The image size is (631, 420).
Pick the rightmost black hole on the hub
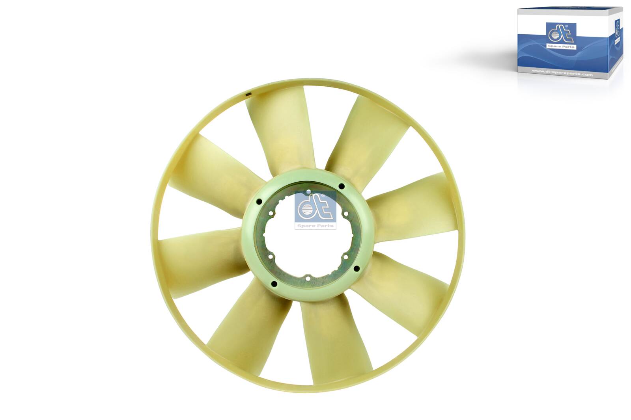pos(356,269)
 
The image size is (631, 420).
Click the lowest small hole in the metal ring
pos(307,279)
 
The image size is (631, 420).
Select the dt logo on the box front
pos(560,36)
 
